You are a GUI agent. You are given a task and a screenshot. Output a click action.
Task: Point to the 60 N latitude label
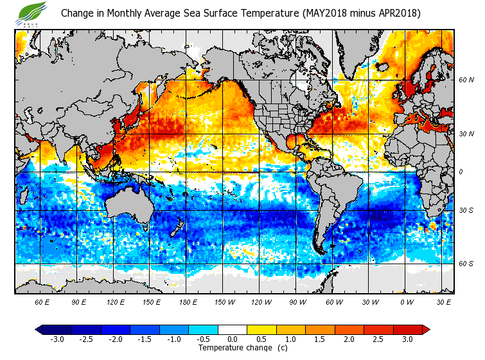[x=466, y=80]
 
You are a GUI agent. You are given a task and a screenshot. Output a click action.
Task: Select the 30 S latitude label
[x=466, y=210]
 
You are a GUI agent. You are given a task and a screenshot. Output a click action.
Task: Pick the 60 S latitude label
[x=466, y=264]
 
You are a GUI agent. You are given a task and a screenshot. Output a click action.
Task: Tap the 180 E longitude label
[x=188, y=301]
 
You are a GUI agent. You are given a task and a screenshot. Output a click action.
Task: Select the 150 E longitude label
[x=151, y=301]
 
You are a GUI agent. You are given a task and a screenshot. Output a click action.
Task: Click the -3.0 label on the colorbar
[x=57, y=339]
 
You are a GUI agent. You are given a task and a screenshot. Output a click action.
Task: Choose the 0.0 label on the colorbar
[x=232, y=339]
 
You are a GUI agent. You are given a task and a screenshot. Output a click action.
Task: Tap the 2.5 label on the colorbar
[x=378, y=339]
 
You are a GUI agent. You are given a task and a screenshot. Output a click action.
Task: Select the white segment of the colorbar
[x=232, y=330]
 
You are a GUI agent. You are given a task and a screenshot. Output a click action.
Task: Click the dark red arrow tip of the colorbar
[x=426, y=330]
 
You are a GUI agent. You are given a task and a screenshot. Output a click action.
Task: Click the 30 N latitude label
[x=466, y=133]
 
